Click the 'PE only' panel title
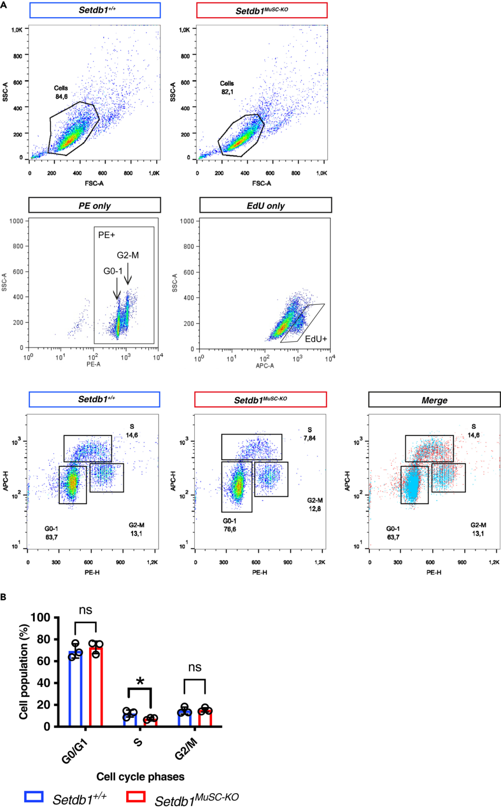click(x=95, y=205)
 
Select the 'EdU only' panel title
click(x=265, y=205)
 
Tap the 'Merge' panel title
click(x=434, y=400)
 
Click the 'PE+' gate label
click(x=106, y=235)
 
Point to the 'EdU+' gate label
click(x=316, y=339)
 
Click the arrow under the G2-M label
click(x=128, y=274)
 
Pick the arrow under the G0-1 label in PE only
click(x=117, y=289)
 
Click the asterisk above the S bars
click(x=140, y=682)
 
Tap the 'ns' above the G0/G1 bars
click(x=85, y=610)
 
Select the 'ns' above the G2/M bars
click(x=195, y=668)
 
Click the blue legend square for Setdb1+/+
click(x=34, y=797)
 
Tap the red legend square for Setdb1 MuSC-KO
click(x=136, y=797)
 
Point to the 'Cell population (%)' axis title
click(x=24, y=672)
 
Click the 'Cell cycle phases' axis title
click(x=140, y=777)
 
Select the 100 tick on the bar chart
click(x=40, y=617)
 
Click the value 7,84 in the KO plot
click(x=309, y=438)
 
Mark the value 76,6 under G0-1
click(x=230, y=529)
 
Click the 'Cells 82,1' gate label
click(x=227, y=88)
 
